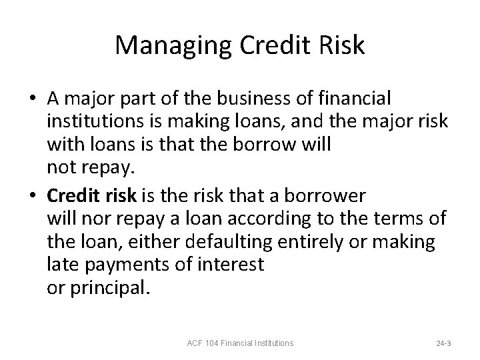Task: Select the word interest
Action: (231, 265)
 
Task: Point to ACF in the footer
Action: (194, 343)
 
